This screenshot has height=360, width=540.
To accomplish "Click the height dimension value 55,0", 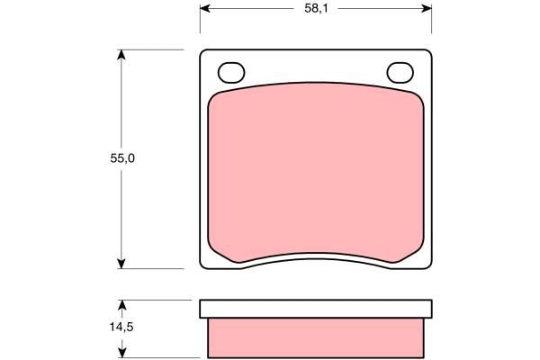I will click(122, 158).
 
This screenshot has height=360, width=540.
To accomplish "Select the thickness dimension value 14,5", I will click(122, 328).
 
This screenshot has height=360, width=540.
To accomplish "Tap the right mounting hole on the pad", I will click(398, 72).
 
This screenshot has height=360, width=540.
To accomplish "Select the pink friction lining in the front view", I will click(315, 171).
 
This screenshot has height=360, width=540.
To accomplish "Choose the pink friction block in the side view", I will click(315, 338).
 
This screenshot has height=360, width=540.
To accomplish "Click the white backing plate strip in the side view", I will click(315, 310).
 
